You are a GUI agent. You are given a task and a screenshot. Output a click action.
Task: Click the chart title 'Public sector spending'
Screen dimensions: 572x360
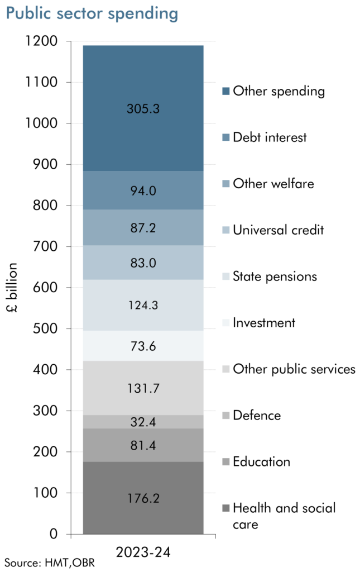(x=92, y=14)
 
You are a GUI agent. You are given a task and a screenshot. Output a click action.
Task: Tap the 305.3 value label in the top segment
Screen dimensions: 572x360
(x=143, y=109)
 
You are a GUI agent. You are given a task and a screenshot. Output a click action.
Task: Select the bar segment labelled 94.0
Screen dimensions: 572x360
(x=143, y=191)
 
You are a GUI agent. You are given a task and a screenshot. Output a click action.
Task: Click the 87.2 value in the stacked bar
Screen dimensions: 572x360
(x=143, y=228)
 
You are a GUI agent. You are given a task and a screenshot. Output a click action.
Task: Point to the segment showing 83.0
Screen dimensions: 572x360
(x=143, y=263)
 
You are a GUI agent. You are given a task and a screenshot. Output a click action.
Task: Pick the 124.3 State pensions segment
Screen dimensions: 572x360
(x=143, y=306)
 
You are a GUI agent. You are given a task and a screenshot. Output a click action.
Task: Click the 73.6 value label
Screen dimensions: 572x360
(x=143, y=346)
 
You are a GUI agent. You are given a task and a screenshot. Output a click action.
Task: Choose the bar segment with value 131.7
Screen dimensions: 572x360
(x=143, y=388)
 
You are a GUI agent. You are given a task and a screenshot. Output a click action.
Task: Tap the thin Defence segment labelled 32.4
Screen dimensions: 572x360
(x=143, y=422)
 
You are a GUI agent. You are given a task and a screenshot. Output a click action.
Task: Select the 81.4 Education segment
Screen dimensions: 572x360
(x=143, y=445)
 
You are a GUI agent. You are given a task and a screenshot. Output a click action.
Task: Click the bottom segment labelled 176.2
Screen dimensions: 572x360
(x=143, y=498)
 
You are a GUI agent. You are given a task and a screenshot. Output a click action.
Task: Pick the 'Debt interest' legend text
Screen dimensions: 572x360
(x=270, y=137)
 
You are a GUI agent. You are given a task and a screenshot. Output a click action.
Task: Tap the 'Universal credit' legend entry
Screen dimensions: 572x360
(x=277, y=230)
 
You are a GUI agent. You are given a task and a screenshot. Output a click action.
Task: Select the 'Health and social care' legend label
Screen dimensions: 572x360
(x=284, y=516)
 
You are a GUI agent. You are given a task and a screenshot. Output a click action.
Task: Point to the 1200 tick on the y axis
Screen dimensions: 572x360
(x=41, y=41)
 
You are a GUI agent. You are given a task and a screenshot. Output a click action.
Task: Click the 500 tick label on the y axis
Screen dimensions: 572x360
(x=45, y=329)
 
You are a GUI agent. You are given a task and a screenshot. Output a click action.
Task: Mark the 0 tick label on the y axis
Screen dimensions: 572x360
(x=54, y=535)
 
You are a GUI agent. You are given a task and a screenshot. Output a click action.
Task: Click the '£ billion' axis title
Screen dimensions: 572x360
(x=13, y=288)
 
